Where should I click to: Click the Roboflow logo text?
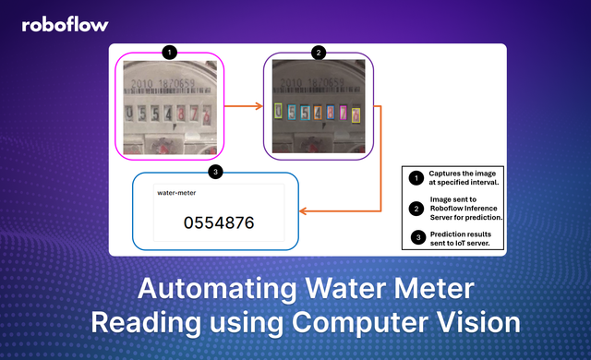pyautogui.click(x=66, y=25)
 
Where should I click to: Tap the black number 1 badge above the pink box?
pyautogui.click(x=169, y=53)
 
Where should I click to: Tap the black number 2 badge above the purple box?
pyautogui.click(x=319, y=53)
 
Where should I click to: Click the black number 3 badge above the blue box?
pyautogui.click(x=215, y=172)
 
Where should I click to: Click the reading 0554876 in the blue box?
pyautogui.click(x=218, y=222)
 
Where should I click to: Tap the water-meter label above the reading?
pyautogui.click(x=176, y=194)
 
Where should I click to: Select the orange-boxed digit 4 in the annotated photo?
pyautogui.click(x=319, y=114)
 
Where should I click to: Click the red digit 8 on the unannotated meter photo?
pyautogui.click(x=192, y=114)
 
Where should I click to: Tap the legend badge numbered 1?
pyautogui.click(x=416, y=176)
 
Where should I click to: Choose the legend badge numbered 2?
pyautogui.click(x=416, y=208)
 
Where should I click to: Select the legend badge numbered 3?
pyautogui.click(x=416, y=238)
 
